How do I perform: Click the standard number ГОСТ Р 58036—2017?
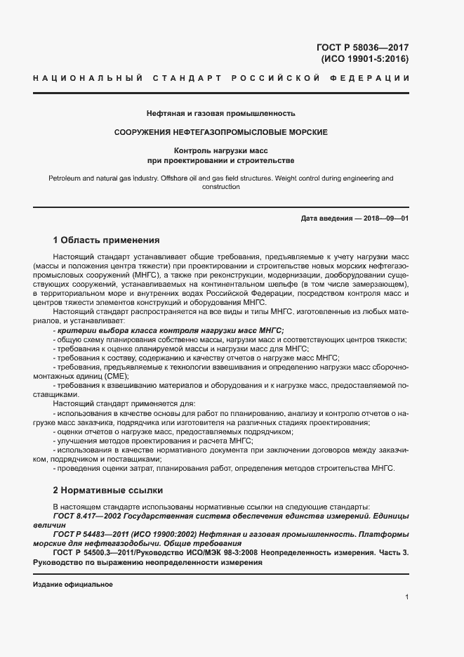point(363,48)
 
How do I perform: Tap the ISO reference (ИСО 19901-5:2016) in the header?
point(364,59)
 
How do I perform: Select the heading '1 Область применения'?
point(107,240)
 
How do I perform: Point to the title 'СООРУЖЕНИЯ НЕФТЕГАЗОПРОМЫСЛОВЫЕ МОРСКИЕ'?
point(221,132)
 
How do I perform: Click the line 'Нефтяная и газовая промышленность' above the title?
point(221,113)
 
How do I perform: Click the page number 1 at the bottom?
point(407,597)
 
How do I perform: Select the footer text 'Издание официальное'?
point(73,584)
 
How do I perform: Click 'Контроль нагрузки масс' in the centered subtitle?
point(221,151)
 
